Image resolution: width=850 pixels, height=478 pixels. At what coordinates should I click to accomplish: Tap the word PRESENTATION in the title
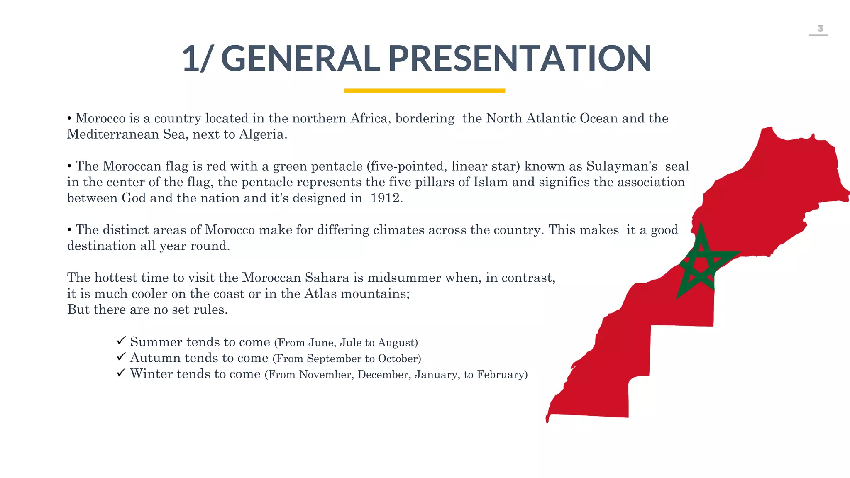pyautogui.click(x=520, y=59)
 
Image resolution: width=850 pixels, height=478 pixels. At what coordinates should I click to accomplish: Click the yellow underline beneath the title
pyautogui.click(x=425, y=90)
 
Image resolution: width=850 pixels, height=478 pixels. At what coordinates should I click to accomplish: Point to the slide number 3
pyautogui.click(x=820, y=28)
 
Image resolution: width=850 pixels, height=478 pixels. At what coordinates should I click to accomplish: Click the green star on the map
pyautogui.click(x=701, y=266)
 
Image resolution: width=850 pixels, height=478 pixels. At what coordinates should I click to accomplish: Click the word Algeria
pyautogui.click(x=262, y=134)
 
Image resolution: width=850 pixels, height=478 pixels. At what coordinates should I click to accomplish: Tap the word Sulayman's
pyautogui.click(x=621, y=166)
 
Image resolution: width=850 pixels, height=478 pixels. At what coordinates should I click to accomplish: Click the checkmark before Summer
pyautogui.click(x=121, y=341)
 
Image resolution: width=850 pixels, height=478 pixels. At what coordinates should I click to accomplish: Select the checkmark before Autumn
pyautogui.click(x=121, y=356)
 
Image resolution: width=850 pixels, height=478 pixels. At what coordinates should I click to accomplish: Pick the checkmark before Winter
pyautogui.click(x=121, y=373)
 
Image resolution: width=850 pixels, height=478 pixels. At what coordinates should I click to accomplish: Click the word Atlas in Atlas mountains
pyautogui.click(x=320, y=294)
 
